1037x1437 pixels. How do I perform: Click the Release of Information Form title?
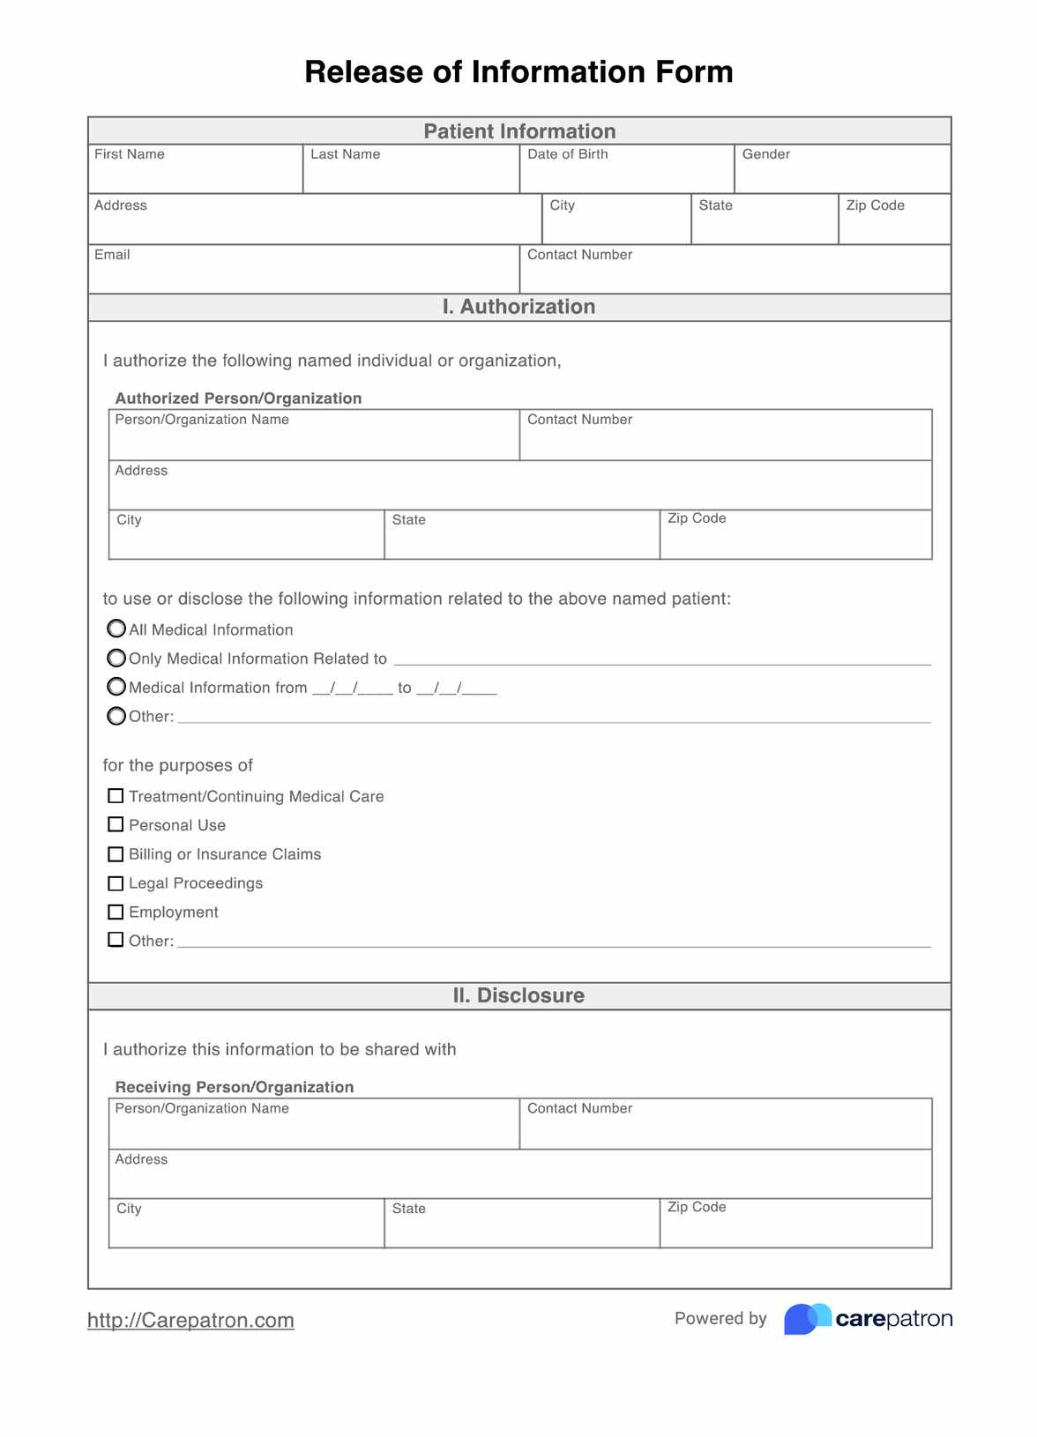point(518,71)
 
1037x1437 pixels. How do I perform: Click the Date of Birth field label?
point(567,154)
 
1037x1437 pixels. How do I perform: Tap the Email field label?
point(112,255)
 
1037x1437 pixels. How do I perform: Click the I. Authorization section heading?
point(518,307)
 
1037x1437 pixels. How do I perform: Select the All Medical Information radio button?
point(116,629)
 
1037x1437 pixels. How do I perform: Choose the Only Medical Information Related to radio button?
point(116,658)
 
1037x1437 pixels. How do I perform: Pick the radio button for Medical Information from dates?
point(116,687)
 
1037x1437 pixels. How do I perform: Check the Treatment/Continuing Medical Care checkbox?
point(116,796)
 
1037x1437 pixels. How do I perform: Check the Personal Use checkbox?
point(116,825)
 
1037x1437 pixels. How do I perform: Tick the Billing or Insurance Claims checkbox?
point(116,854)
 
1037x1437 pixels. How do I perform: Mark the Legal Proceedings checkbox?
point(116,883)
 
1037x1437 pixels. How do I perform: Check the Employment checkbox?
point(116,912)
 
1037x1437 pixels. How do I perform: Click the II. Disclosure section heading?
point(518,995)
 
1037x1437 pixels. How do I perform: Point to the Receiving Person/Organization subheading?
point(235,1087)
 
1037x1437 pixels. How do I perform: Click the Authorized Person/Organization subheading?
point(238,398)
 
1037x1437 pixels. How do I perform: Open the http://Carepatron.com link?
point(190,1320)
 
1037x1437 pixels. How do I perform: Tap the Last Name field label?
point(345,154)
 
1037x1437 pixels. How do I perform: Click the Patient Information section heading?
point(518,131)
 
